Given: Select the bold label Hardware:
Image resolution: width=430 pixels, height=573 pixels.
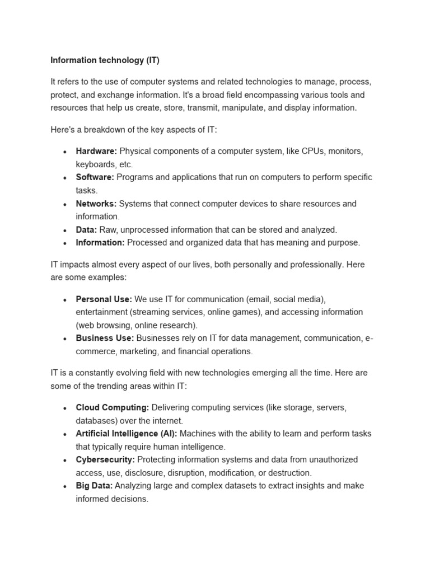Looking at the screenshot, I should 96,151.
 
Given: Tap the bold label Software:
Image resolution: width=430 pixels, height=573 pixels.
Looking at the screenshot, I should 95,177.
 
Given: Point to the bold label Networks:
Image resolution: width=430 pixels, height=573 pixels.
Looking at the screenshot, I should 96,203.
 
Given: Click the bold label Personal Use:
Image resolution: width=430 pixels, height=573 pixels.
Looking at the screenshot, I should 104,299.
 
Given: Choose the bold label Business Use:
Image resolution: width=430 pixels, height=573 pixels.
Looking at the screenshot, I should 105,338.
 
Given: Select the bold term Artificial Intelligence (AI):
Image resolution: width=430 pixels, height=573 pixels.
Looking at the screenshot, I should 127,433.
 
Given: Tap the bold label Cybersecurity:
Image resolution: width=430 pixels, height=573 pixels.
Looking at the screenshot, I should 105,459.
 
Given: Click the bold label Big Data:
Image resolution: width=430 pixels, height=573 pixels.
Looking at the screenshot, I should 94,486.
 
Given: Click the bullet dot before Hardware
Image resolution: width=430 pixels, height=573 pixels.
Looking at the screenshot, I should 66,152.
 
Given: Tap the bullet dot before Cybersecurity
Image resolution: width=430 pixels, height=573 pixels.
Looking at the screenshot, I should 66,460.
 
